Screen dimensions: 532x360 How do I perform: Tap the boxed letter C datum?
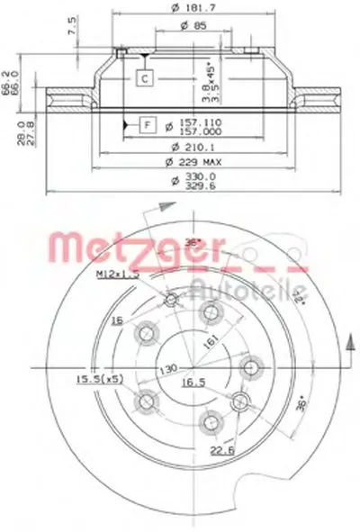144,79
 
